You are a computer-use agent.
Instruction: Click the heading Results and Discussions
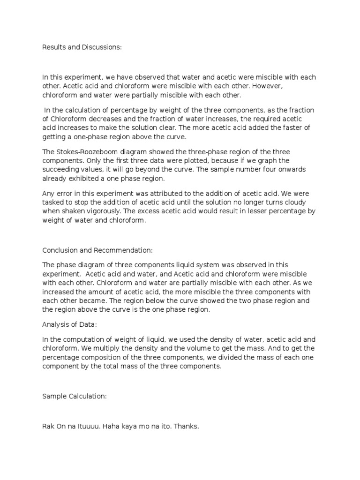(82, 47)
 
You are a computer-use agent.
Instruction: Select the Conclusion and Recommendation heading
(97, 250)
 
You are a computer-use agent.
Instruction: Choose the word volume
(210, 348)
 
